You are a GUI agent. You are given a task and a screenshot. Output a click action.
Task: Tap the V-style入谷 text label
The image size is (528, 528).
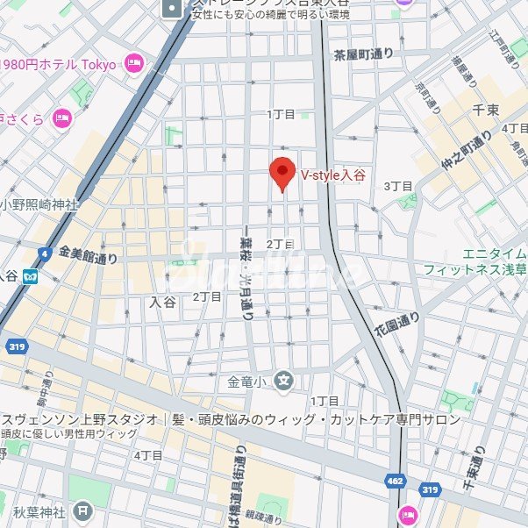point(333,175)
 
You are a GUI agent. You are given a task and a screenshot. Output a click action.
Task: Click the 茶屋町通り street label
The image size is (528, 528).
point(363,54)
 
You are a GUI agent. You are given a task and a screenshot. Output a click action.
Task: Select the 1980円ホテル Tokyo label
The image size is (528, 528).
point(60,64)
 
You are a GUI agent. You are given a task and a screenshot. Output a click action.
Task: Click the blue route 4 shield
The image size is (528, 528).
point(44,253)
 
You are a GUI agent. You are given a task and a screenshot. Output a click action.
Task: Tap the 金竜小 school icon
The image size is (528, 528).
point(282,380)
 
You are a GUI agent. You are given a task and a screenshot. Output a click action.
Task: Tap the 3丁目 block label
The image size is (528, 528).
point(397,186)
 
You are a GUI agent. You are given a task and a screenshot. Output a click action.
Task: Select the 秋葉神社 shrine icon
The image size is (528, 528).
point(82,509)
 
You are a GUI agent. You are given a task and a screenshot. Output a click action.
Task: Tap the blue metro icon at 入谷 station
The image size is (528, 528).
point(32,275)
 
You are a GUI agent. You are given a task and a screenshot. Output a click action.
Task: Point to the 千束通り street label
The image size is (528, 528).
point(480,471)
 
